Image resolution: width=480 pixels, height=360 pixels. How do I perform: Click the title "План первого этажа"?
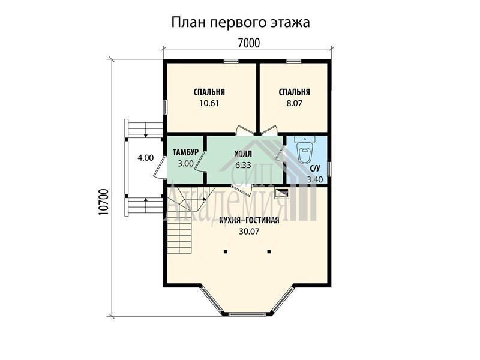(241, 23)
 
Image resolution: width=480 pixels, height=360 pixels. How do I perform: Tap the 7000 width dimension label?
(248, 43)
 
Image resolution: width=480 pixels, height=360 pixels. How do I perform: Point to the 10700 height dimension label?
(104, 202)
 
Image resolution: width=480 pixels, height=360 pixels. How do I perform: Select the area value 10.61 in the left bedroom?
(209, 103)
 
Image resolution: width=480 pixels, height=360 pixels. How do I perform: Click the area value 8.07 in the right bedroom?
(294, 103)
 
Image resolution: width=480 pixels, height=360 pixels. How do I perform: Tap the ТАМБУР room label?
(185, 152)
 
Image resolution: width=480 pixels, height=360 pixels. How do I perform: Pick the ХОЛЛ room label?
(243, 154)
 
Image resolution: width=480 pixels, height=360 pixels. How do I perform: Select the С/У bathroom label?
(315, 169)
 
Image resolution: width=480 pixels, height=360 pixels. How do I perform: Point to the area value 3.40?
(314, 179)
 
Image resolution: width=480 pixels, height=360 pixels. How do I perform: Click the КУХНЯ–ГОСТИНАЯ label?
(249, 220)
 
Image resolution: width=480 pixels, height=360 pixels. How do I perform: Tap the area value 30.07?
(249, 232)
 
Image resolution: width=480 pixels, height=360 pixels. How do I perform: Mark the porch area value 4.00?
(145, 158)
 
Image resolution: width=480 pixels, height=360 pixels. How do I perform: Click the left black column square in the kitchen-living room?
(226, 251)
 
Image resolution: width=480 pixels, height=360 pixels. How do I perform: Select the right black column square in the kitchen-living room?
(269, 251)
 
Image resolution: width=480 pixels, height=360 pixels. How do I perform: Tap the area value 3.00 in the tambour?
(185, 163)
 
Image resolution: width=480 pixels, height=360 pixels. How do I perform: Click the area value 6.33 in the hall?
(243, 166)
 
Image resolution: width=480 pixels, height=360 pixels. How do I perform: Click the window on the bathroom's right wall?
(329, 169)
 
